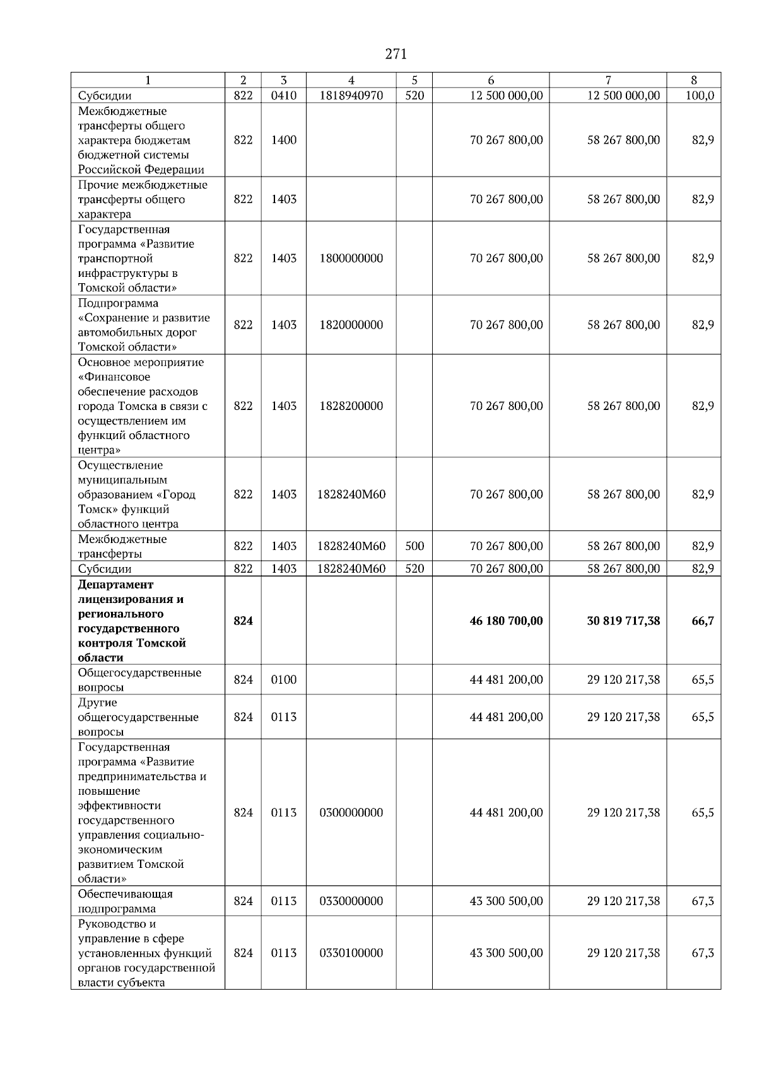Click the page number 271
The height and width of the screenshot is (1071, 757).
[396, 54]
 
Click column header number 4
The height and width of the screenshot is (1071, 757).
[351, 80]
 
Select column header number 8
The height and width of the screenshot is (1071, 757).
[693, 80]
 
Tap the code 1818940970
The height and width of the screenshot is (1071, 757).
[351, 95]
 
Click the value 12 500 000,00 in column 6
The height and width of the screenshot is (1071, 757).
[506, 95]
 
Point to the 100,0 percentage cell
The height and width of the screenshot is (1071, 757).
[700, 95]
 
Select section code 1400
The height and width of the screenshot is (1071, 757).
[283, 140]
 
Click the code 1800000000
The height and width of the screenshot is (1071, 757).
[351, 259]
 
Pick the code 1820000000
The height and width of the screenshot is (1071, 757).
[351, 325]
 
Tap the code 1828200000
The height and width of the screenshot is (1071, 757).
[351, 406]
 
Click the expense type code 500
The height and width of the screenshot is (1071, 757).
[414, 546]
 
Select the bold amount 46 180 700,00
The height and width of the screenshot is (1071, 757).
[506, 621]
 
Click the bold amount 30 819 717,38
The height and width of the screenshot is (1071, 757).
[623, 621]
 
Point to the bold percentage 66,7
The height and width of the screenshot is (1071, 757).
[703, 621]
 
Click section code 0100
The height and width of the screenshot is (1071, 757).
[283, 680]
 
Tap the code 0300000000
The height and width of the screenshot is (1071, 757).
[351, 813]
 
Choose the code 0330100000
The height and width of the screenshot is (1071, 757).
[351, 953]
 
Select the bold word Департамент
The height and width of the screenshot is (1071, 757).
[116, 585]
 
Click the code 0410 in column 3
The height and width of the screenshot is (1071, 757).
[283, 95]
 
